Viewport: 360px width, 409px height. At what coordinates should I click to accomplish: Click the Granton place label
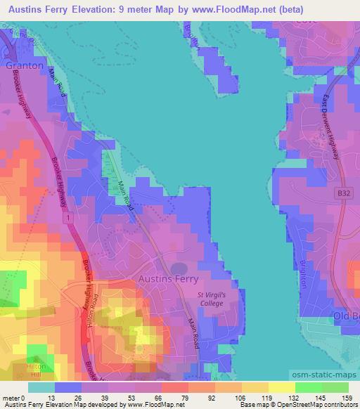25,65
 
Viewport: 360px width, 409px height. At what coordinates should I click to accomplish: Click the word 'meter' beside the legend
12,398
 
